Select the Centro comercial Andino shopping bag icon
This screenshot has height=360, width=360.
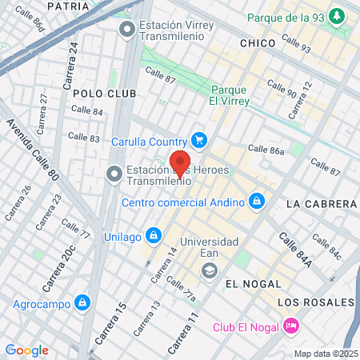tap(257, 201)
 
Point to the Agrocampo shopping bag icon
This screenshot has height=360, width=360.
tap(82, 302)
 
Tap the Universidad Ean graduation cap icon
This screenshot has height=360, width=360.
tap(209, 270)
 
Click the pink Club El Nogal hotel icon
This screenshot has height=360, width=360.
tap(291, 326)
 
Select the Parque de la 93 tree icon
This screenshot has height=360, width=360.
tap(338, 17)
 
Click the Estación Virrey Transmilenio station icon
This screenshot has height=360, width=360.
tap(126, 30)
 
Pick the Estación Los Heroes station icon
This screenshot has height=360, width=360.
tap(114, 174)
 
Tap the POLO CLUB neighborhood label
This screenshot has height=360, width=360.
tap(105, 94)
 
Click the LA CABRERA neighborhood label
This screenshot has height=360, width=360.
tap(318, 204)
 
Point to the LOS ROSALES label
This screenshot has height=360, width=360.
tap(315, 302)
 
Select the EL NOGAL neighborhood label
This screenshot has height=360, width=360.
tap(253, 284)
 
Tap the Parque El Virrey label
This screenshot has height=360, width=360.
tap(230, 95)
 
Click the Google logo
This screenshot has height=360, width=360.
tap(27, 350)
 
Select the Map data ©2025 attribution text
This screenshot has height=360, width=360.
tap(325, 354)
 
